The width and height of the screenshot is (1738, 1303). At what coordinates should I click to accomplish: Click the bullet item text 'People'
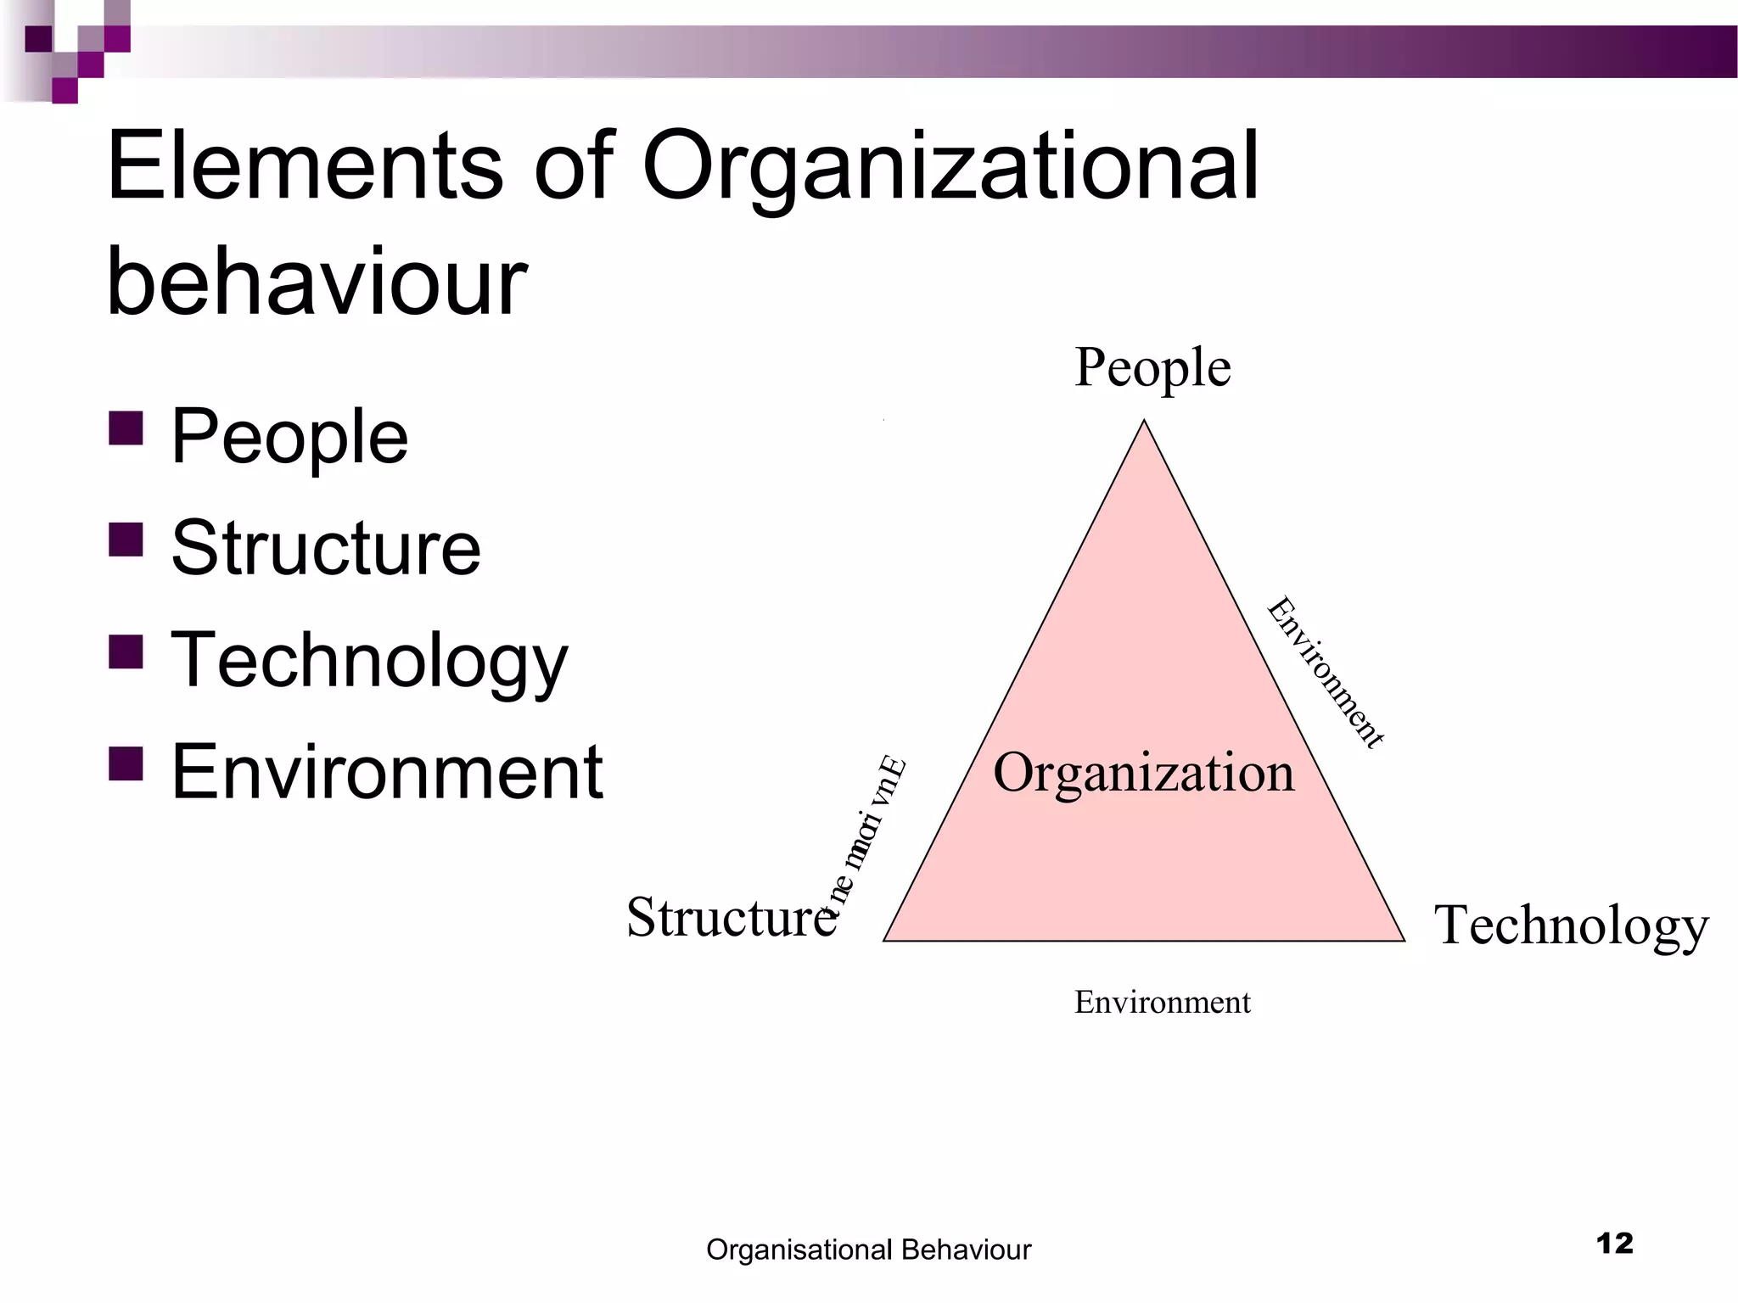tap(289, 437)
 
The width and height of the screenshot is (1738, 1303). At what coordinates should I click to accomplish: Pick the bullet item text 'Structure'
tap(326, 549)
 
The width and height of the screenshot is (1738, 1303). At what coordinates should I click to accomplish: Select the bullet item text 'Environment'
tap(387, 772)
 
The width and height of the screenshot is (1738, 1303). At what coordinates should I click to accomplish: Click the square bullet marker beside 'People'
tap(126, 428)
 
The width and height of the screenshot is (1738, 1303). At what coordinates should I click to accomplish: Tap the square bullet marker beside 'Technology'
tap(126, 652)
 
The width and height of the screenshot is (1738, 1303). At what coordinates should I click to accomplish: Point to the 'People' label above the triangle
tap(1152, 368)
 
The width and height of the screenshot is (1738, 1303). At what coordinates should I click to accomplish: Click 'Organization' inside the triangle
tap(1144, 774)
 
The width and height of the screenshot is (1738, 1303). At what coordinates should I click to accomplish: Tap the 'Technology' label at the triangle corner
tap(1571, 926)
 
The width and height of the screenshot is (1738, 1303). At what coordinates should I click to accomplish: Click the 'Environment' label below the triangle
tap(1162, 1003)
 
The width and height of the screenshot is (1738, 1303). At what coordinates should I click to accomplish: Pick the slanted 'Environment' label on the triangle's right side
tap(1325, 673)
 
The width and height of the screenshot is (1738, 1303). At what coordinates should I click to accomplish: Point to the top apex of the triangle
tap(1144, 421)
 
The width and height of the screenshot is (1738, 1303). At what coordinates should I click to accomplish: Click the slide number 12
tap(1614, 1244)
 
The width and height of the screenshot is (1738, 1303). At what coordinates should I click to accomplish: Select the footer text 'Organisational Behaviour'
tap(868, 1250)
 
